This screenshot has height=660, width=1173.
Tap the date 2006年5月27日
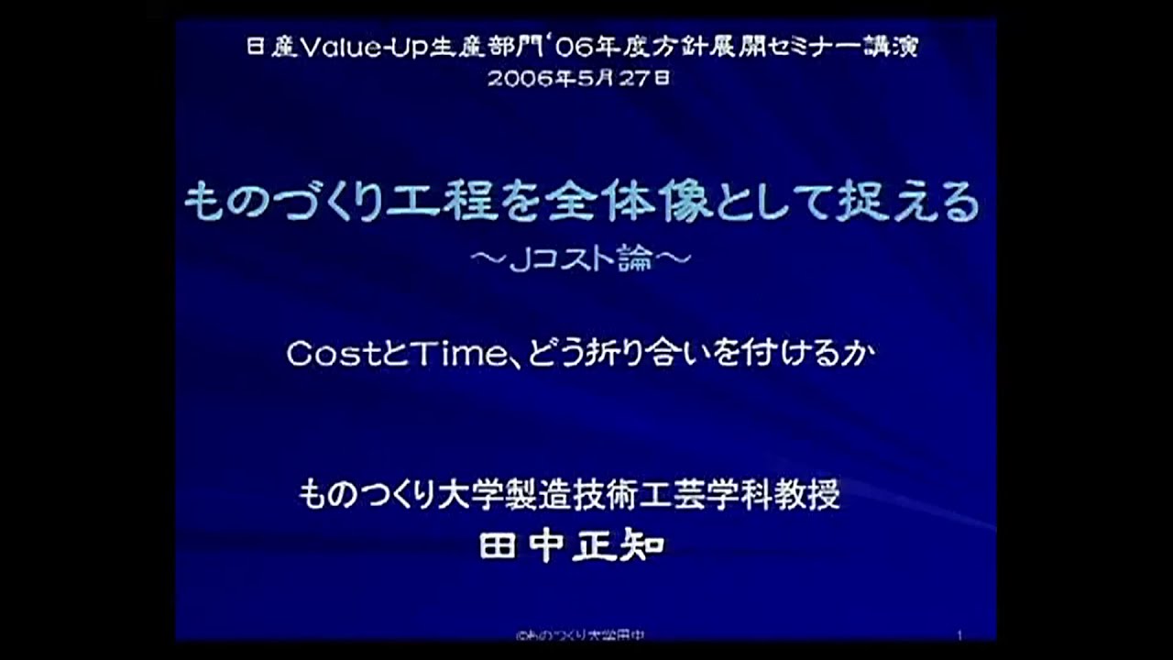click(x=578, y=78)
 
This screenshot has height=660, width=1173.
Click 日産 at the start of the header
click(x=270, y=48)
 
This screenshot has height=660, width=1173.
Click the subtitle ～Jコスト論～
click(x=579, y=259)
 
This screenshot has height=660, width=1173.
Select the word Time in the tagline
click(x=443, y=355)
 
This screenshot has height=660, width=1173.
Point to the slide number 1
click(x=959, y=634)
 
